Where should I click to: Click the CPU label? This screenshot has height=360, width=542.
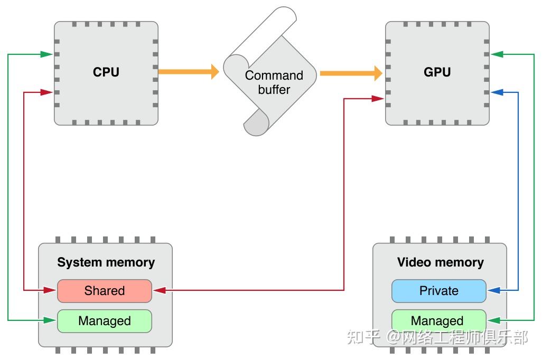click(106, 72)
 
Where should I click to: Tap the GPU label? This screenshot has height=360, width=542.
click(437, 72)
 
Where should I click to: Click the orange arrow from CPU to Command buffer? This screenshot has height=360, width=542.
click(188, 71)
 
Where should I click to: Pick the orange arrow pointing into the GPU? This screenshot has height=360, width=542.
click(351, 73)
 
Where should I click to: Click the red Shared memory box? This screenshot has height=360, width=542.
click(105, 291)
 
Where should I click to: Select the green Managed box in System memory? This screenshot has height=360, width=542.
click(105, 321)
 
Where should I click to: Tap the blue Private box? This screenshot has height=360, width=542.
click(438, 291)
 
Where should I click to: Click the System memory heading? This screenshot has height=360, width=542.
click(106, 262)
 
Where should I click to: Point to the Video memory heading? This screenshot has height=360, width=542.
click(440, 262)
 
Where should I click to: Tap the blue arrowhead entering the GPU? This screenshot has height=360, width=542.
click(497, 92)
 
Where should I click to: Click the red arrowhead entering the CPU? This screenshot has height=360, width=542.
click(48, 92)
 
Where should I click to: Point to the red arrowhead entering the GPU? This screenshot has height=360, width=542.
click(378, 98)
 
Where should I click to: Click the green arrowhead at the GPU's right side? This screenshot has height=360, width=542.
click(497, 54)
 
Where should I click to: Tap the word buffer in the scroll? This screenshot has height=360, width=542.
click(274, 90)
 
